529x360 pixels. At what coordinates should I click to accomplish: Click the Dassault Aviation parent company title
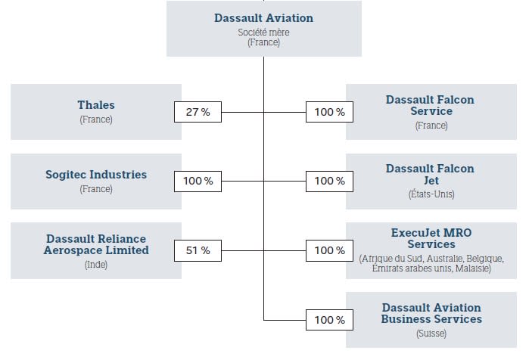point(263,18)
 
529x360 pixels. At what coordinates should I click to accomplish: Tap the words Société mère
point(263,33)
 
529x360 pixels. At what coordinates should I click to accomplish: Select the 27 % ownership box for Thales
point(198,112)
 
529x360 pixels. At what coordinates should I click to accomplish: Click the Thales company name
point(96,105)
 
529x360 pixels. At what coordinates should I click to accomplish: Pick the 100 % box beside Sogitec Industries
point(198,182)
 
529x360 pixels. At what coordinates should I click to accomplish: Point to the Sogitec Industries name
point(96,174)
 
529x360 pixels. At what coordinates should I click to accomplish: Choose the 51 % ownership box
point(198,250)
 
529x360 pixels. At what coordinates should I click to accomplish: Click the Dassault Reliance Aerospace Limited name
point(96,244)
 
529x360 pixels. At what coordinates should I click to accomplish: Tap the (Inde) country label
point(96,265)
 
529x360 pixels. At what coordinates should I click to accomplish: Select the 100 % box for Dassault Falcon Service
point(330,112)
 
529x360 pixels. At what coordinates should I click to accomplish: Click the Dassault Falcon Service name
point(431,105)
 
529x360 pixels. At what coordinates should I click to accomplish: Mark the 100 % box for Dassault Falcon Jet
point(330,182)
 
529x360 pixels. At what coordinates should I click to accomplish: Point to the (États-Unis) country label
point(431,194)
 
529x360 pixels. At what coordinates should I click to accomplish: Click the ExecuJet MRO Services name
point(431,238)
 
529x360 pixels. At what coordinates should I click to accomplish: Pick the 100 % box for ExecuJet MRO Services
point(330,250)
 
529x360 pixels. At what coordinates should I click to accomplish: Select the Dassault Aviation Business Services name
point(431,313)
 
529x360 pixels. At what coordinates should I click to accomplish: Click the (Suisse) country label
point(431,334)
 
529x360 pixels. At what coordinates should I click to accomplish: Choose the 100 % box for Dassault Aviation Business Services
point(330,320)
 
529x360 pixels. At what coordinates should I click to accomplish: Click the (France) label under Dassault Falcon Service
point(431,126)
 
